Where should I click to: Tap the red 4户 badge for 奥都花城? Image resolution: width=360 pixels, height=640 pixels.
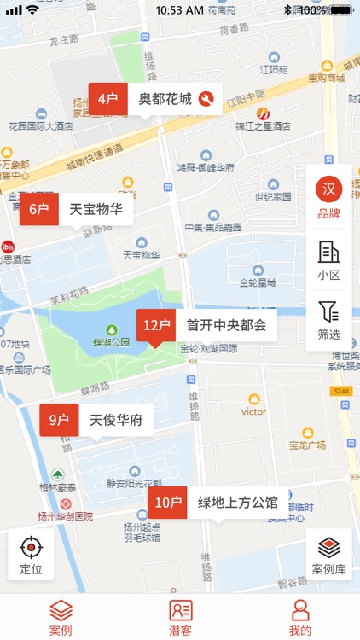click(107, 99)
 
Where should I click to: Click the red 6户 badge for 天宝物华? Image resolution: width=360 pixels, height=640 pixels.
click(39, 209)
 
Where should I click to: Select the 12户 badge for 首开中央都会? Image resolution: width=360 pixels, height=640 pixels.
click(157, 325)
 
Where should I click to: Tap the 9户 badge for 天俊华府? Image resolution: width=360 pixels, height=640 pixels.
click(59, 420)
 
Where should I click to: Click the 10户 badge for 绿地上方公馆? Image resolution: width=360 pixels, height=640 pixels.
click(167, 503)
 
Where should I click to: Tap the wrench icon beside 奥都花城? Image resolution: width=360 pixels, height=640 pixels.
click(206, 99)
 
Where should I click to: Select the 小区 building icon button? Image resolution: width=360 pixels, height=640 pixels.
click(328, 260)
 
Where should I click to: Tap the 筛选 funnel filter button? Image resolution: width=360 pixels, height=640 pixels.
click(328, 320)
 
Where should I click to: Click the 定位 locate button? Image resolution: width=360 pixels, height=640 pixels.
click(32, 554)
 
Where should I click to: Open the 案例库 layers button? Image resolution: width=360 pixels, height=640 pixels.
click(328, 554)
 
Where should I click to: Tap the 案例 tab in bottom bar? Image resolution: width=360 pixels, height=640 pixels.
click(61, 617)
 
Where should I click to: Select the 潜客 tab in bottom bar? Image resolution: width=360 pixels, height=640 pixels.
click(180, 617)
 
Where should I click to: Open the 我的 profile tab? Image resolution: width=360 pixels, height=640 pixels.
click(299, 617)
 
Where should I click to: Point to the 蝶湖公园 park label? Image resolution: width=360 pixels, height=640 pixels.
click(111, 341)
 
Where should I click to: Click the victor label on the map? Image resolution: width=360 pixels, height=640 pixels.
click(253, 410)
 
